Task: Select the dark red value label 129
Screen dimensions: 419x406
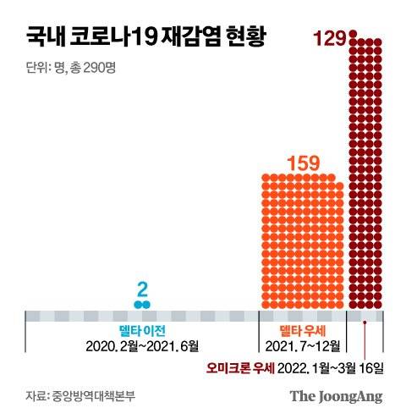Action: (327, 37)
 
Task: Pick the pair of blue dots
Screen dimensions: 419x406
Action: (141, 303)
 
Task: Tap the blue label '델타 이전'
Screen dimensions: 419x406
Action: (141, 331)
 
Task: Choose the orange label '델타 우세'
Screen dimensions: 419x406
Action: (302, 331)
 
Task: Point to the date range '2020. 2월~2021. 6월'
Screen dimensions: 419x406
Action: (141, 347)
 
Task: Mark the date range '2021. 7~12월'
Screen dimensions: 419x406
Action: (302, 347)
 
